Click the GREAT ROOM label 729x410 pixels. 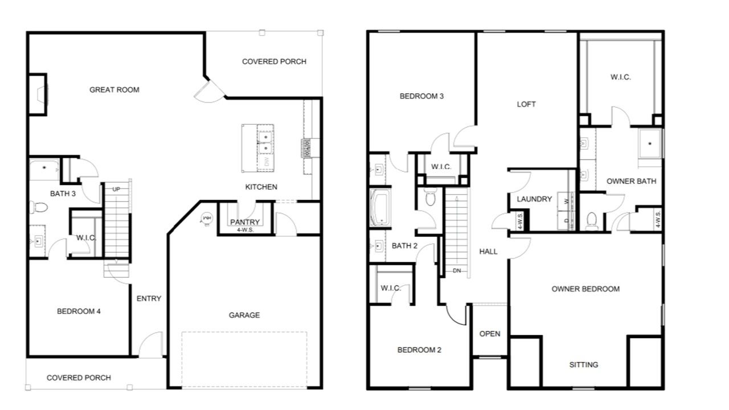click(x=114, y=90)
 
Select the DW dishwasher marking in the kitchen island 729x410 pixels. click(x=266, y=162)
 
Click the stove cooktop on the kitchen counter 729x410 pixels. click(x=306, y=149)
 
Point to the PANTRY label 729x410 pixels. click(x=245, y=222)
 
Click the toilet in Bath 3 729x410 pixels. click(x=39, y=207)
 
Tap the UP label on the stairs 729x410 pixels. click(x=116, y=190)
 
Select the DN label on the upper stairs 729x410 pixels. click(x=457, y=270)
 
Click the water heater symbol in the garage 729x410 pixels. click(x=206, y=219)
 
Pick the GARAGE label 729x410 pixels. click(x=244, y=315)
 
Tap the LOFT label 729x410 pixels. click(x=526, y=104)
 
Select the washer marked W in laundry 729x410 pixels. click(x=567, y=202)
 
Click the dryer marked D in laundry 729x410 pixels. click(x=567, y=220)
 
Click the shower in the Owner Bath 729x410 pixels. click(x=650, y=143)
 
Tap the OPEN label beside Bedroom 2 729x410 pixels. click(x=490, y=334)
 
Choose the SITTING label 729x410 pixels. click(x=584, y=365)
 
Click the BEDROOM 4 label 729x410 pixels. click(x=79, y=311)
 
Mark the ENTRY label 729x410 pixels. click(x=149, y=298)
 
